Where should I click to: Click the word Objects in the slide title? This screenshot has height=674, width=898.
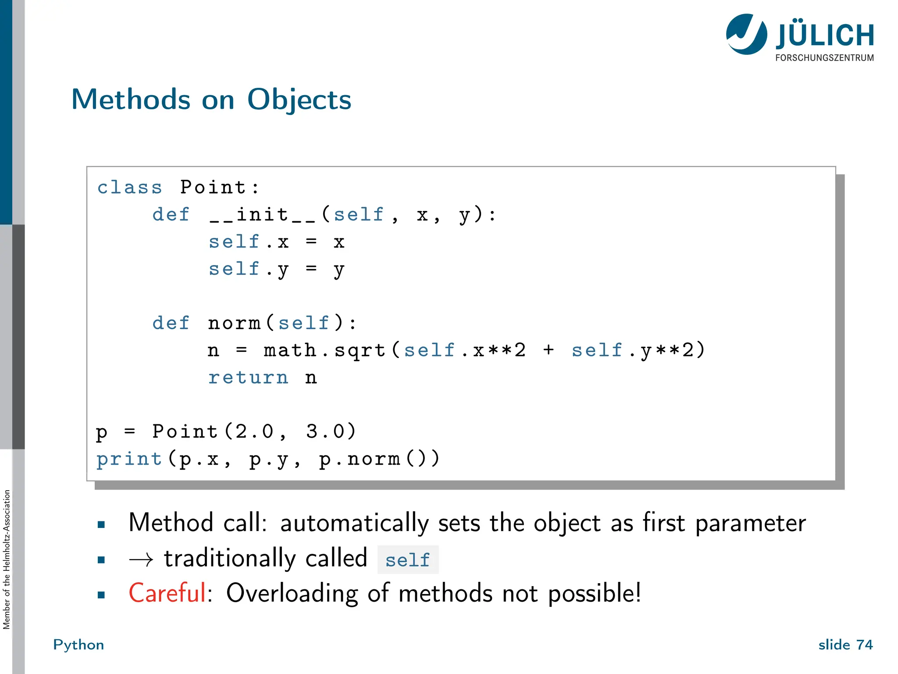(299, 100)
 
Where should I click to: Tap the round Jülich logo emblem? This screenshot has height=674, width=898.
(746, 34)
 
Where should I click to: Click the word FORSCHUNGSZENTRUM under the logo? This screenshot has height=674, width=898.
(824, 58)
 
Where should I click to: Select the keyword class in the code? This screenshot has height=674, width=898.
(129, 187)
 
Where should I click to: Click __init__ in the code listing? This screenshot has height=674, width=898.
(262, 215)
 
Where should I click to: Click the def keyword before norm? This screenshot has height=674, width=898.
(171, 323)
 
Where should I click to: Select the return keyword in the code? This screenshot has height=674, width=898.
(248, 377)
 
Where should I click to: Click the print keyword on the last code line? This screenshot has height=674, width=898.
(129, 459)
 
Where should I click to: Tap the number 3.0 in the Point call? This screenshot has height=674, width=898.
(325, 432)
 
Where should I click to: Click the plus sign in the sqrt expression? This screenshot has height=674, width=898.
(548, 350)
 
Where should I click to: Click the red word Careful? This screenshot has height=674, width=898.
(167, 593)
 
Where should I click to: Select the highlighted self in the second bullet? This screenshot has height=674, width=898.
(407, 560)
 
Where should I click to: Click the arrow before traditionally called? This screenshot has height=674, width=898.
(141, 559)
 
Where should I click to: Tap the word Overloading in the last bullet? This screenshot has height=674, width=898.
(292, 593)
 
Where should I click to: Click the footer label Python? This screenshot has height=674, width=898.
(78, 645)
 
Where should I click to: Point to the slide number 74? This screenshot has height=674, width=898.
(864, 645)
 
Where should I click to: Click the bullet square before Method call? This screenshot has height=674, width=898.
(101, 524)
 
